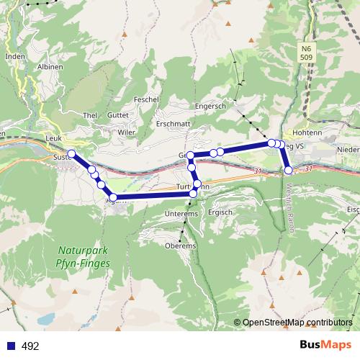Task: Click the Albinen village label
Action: point(49,66)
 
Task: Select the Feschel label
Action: point(146,99)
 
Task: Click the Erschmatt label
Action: point(173,123)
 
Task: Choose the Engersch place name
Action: point(210,106)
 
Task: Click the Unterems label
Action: point(181,214)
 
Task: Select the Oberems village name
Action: point(180,246)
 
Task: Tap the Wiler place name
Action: point(127,132)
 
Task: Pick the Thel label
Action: point(90,115)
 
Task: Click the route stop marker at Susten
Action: point(71,153)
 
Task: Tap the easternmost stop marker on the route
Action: point(289,171)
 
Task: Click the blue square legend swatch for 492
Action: point(11,346)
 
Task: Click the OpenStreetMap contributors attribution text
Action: point(298,323)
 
